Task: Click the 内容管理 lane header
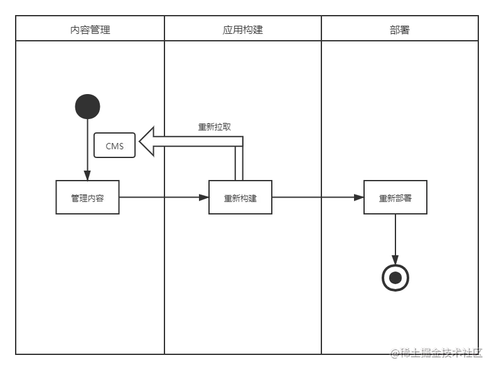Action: pos(90,29)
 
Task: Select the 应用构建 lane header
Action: pos(242,29)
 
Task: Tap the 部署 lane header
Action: pos(399,29)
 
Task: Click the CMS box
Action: pos(114,146)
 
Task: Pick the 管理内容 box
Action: pos(87,198)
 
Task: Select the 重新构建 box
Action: pos(240,198)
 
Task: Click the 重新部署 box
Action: pos(395,198)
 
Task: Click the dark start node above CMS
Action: pos(87,105)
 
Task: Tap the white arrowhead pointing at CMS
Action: pos(148,142)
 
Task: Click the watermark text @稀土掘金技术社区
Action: pos(438,352)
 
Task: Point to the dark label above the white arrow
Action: pos(213,125)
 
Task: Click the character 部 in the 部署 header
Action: pos(394,29)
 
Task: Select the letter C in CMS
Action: pos(108,146)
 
